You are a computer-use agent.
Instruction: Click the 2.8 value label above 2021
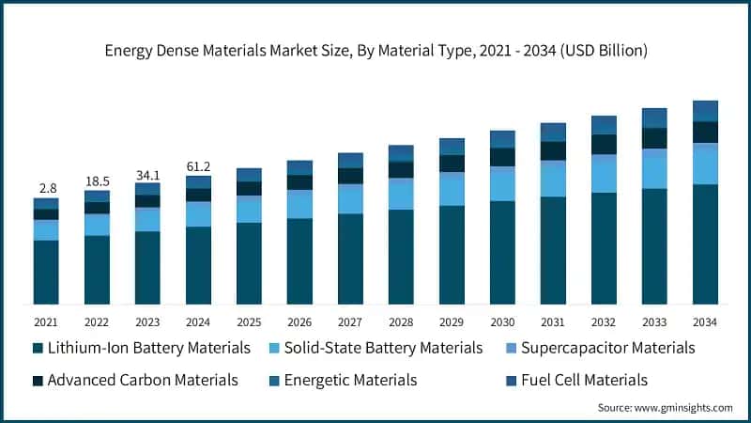[46, 189]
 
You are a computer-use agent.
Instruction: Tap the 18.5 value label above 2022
[97, 180]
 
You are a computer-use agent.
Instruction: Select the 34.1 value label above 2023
[147, 174]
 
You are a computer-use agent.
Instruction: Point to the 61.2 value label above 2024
[198, 166]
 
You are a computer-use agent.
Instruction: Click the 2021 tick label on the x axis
[46, 321]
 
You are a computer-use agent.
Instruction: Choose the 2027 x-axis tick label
[350, 321]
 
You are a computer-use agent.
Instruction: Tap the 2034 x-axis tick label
[705, 321]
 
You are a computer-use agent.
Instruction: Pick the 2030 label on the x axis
[502, 321]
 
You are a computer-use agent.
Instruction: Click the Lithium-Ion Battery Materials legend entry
[141, 348]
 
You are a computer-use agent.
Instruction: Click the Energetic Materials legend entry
[349, 380]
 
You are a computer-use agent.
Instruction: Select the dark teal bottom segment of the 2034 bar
[705, 244]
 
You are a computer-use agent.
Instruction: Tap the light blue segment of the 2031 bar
[553, 179]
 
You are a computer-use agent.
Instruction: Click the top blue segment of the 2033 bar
[654, 117]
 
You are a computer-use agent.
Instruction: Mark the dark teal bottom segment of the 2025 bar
[249, 263]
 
